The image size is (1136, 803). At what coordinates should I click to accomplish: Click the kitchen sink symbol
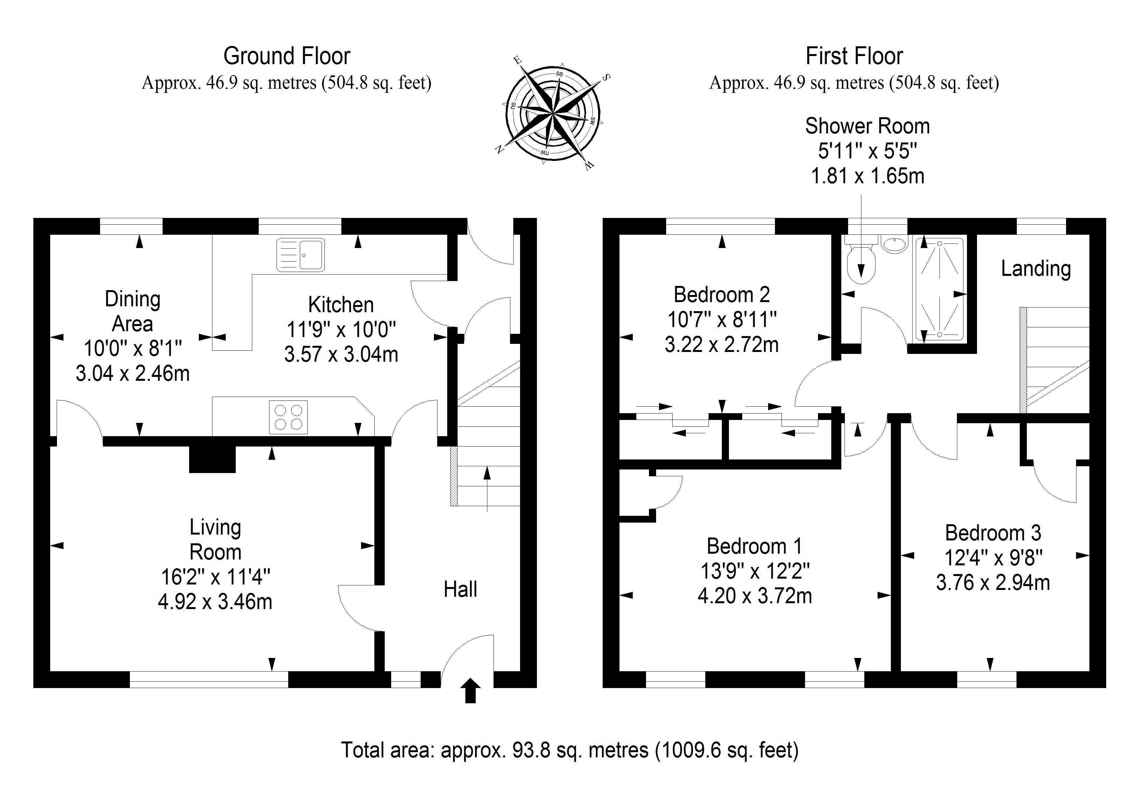(x=300, y=255)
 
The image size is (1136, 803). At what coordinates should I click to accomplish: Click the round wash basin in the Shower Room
(x=895, y=244)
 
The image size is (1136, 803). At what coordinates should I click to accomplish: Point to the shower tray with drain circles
(x=939, y=289)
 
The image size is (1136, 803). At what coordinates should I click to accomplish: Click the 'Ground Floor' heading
(x=287, y=56)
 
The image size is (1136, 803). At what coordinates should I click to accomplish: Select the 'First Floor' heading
(x=855, y=56)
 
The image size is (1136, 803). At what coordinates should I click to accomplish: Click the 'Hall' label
(x=460, y=589)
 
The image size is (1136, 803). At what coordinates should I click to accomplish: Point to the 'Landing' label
(x=1036, y=269)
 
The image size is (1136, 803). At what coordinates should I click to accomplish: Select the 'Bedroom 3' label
(x=993, y=533)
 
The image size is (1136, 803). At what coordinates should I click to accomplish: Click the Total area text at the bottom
(x=570, y=750)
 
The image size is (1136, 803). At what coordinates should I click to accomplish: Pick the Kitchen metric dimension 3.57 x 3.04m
(x=341, y=354)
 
